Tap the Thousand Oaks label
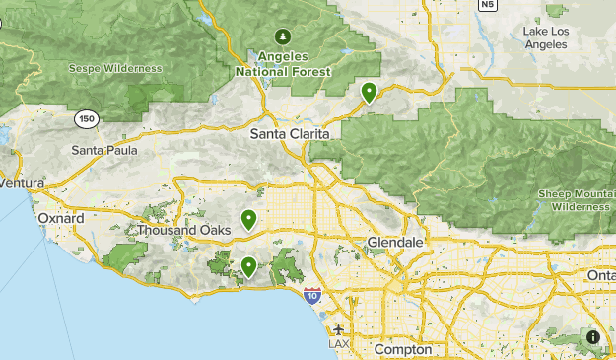(183, 230)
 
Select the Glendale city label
(394, 242)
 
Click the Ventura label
(23, 183)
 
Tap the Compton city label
(403, 350)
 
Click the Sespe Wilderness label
(115, 69)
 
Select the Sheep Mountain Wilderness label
(577, 201)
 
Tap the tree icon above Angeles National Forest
(282, 37)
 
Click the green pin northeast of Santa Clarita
(369, 93)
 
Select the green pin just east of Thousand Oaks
(249, 219)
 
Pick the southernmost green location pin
(248, 265)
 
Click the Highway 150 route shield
(87, 118)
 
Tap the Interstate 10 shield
(311, 295)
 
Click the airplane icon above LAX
(339, 329)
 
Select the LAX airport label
(339, 344)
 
